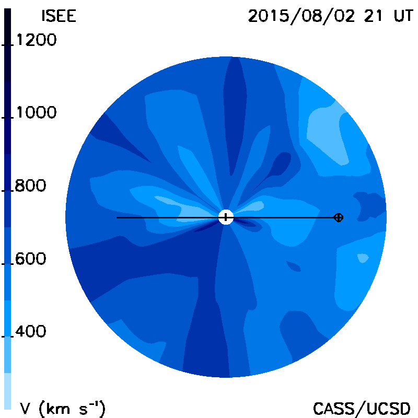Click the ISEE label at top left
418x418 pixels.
pos(59,16)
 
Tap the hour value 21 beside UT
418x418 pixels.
pos(373,16)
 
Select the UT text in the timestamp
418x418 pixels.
pos(403,16)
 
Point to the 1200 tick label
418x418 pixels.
pos(37,40)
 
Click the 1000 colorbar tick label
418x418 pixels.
pos(37,112)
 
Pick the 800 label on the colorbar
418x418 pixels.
pos(30,185)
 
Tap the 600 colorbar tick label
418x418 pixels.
pos(30,259)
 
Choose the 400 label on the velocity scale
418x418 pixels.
pos(30,331)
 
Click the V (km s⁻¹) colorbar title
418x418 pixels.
pos(63,408)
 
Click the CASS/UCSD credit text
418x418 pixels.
pos(362,408)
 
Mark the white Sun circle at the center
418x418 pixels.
pos(226,217)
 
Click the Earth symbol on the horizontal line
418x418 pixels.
pos(339,217)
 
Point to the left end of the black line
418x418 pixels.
pos(117,217)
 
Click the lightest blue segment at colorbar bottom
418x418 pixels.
pos(7,391)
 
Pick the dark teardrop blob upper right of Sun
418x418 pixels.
pos(277,167)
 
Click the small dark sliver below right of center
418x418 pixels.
pos(294,266)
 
